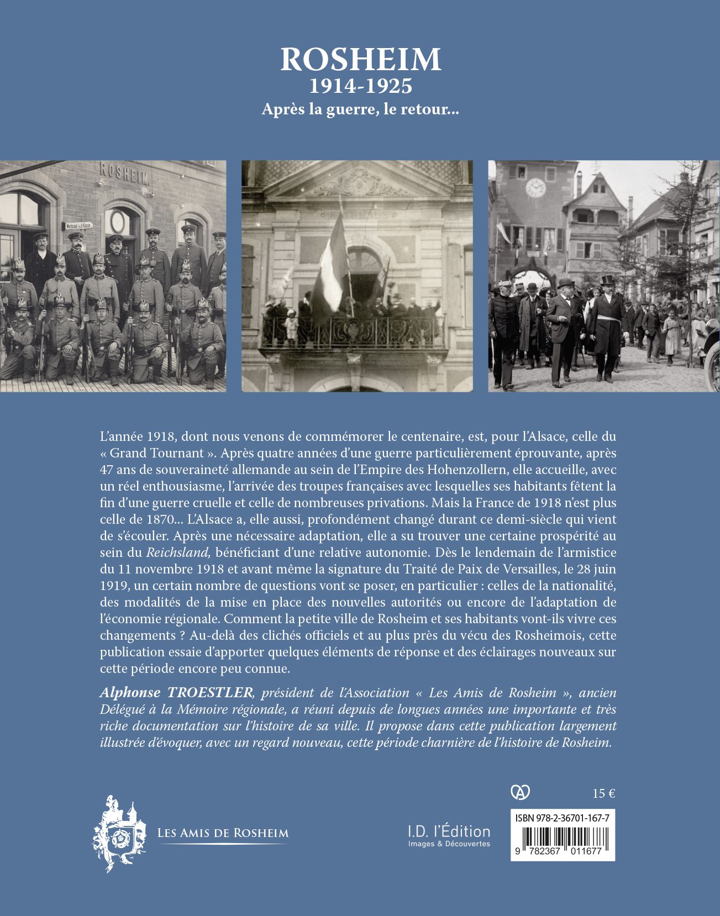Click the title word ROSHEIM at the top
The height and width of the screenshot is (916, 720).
360,60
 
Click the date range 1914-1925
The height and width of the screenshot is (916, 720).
360,87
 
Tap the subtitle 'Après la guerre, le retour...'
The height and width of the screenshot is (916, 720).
360,109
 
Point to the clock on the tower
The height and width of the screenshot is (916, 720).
535,188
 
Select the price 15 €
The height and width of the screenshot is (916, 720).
604,794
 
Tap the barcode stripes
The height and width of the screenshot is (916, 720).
563,839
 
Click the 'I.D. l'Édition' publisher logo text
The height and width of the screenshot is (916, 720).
449,831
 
